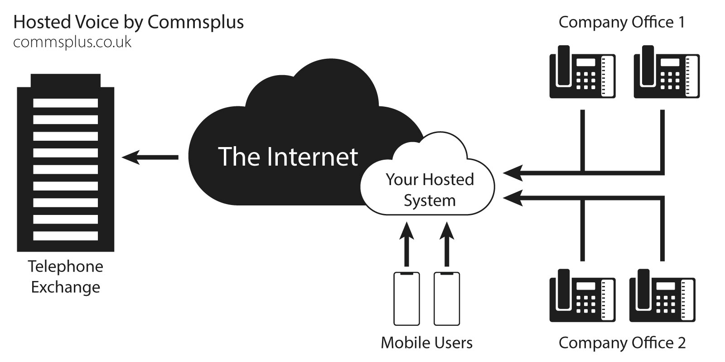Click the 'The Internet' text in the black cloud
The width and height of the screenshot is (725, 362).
pos(288,156)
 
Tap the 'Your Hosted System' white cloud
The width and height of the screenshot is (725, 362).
pos(429,189)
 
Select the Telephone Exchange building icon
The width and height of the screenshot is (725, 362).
pos(66,163)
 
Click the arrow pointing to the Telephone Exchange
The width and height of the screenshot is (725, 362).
pos(150,157)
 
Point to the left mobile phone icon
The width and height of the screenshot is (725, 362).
pos(406,299)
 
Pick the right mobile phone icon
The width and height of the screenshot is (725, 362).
pos(447,299)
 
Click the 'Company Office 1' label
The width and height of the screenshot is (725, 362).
pos(622,22)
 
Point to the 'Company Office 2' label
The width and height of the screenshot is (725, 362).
pos(622,343)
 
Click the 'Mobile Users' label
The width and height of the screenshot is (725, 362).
pos(426,343)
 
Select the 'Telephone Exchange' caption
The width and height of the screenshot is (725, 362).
pos(66,276)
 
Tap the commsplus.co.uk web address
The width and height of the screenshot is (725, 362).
pos(72,42)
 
